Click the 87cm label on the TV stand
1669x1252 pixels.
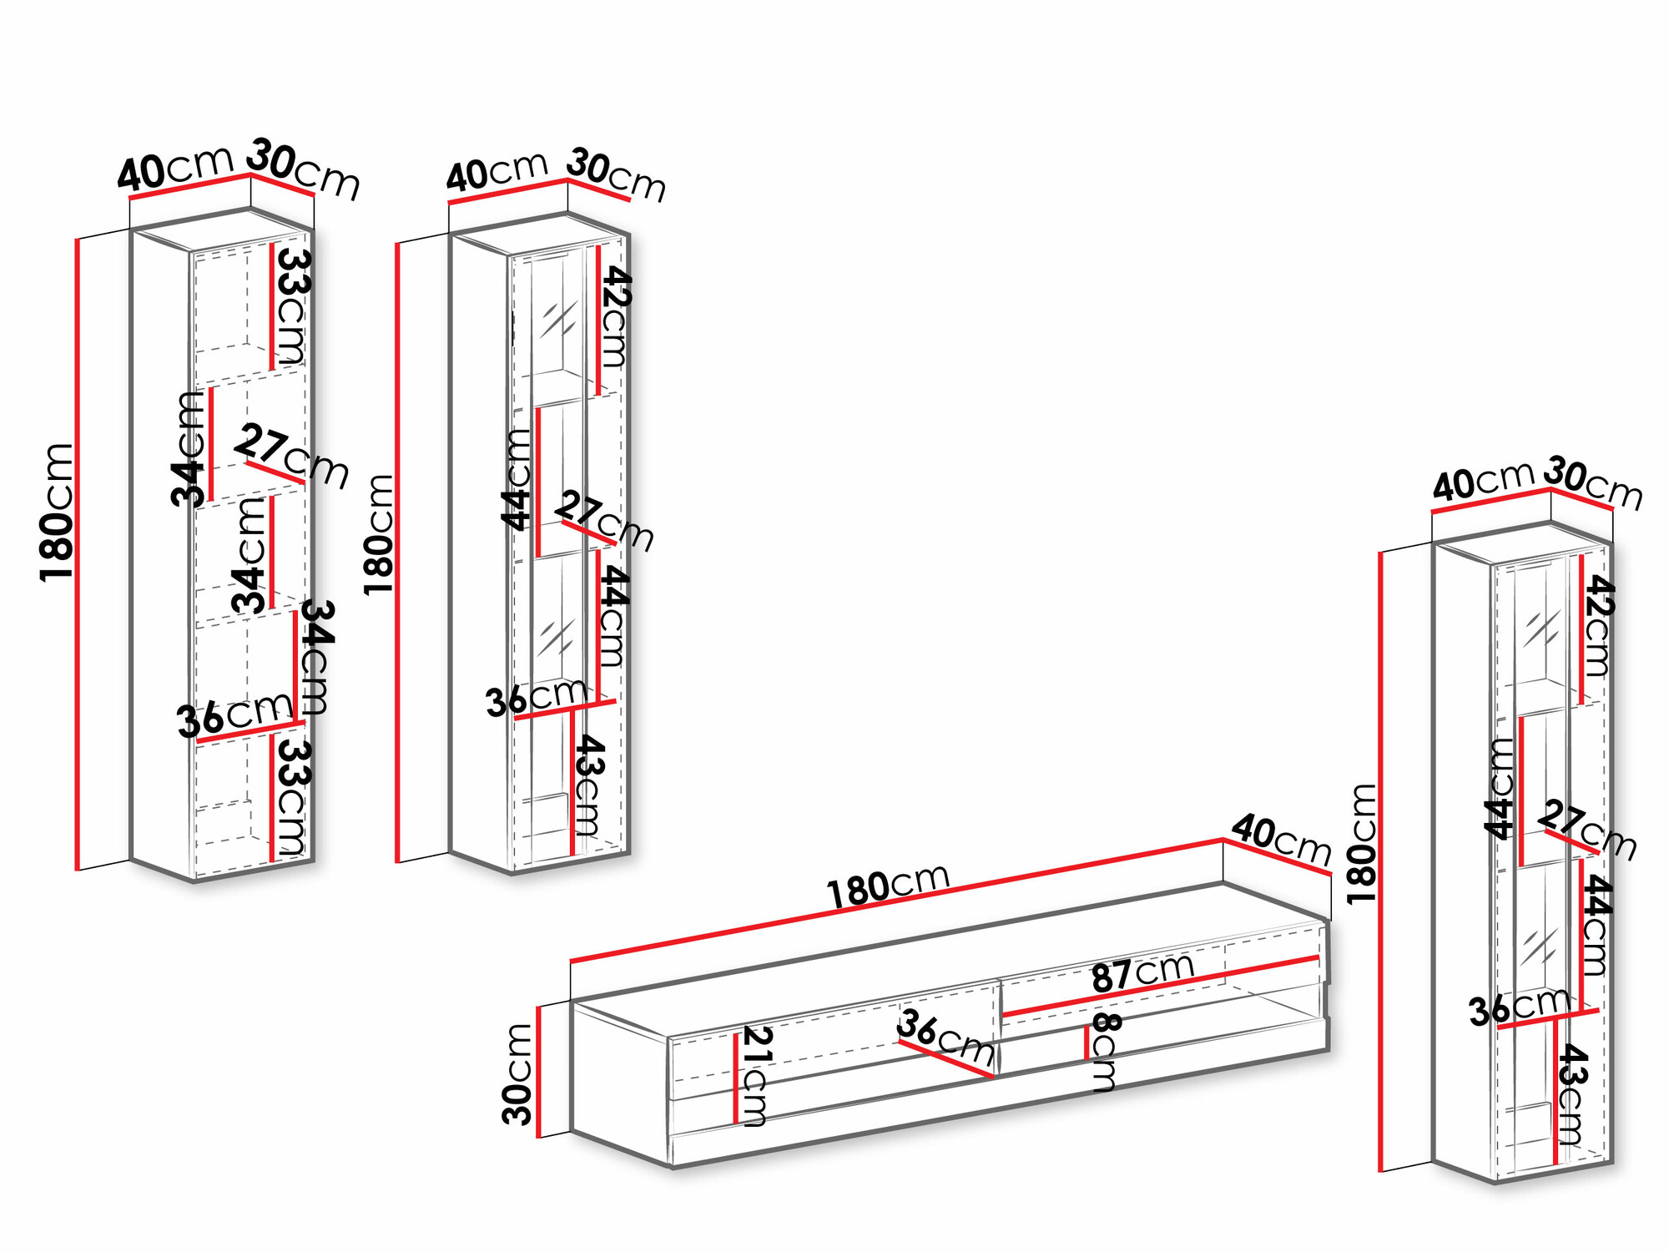pos(1142,972)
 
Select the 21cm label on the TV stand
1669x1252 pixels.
pos(756,1077)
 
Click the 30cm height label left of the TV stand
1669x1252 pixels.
pos(517,1074)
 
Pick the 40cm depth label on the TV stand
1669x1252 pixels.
pos(1281,840)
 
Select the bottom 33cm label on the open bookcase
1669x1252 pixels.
pos(291,797)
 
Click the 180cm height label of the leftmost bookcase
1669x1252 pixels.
pos(58,512)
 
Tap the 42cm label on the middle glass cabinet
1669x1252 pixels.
pos(614,317)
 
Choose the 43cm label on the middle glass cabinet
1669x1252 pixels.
pos(588,785)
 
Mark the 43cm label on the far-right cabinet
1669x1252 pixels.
pos(1571,1093)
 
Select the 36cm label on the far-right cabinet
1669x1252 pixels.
pos(1519,1007)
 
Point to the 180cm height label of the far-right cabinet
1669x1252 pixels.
pos(1362,843)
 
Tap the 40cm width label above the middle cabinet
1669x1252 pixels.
pos(497,172)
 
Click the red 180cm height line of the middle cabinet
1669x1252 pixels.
pos(398,551)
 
